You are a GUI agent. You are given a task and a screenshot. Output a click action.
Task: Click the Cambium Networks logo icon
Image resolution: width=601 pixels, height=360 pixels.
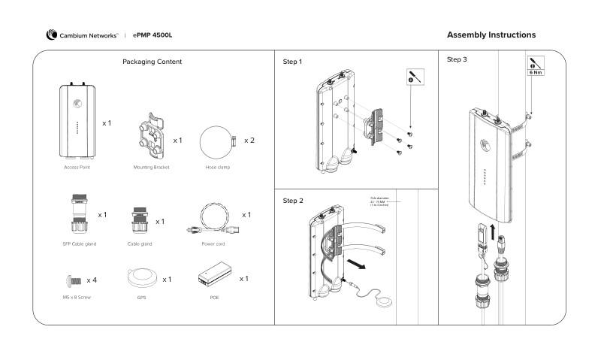(51, 35)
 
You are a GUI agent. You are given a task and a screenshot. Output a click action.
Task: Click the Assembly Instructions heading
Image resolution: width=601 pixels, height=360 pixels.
(491, 35)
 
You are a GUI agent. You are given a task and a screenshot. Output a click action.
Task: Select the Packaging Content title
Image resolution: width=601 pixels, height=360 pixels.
(152, 62)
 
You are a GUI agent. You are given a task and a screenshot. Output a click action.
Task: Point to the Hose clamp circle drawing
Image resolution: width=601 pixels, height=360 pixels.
(218, 141)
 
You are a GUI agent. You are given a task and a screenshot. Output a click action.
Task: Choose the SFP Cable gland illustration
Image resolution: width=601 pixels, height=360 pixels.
(77, 216)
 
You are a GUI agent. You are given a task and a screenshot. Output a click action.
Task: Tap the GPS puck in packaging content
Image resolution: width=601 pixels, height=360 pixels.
(143, 280)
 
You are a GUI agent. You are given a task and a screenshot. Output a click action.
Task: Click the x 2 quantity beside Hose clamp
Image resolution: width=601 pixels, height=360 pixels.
(249, 141)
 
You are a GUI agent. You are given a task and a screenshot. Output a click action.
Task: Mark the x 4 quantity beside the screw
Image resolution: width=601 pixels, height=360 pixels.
(92, 280)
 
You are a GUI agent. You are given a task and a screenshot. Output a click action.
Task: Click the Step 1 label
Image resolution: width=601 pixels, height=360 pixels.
(292, 61)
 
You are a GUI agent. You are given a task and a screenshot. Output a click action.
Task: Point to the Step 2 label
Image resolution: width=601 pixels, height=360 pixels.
(292, 201)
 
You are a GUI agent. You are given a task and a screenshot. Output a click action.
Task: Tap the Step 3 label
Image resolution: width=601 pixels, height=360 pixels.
(457, 59)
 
